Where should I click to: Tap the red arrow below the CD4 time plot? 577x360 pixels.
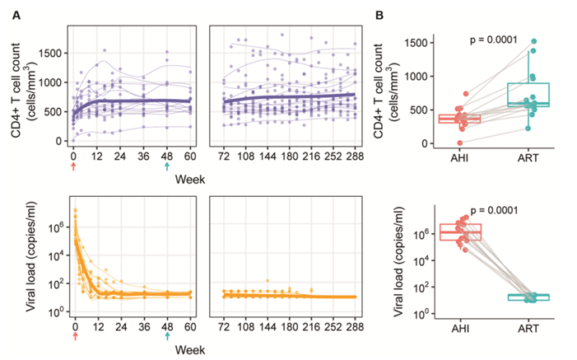click(x=74, y=166)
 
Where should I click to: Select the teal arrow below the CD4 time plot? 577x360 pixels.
click(x=167, y=166)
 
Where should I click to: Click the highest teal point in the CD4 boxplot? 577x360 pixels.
click(x=534, y=40)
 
